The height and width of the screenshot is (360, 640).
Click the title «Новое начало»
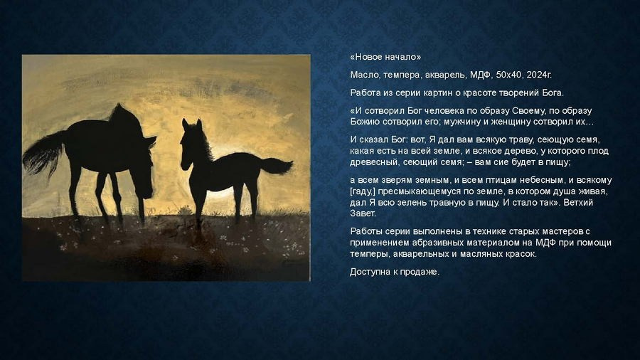(x=385, y=57)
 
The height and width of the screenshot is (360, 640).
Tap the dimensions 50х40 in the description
(x=509, y=75)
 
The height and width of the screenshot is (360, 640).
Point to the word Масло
(x=364, y=75)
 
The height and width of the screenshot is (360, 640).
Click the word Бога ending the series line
(x=552, y=92)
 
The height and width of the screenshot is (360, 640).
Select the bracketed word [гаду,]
(x=364, y=191)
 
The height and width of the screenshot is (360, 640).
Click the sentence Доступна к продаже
(x=395, y=272)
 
